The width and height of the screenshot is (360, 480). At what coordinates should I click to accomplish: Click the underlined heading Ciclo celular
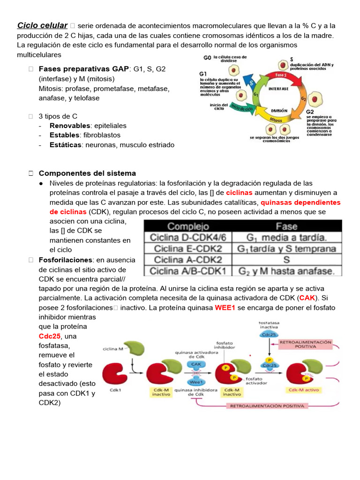[42, 25]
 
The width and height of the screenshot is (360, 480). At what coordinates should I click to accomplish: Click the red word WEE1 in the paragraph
[225, 307]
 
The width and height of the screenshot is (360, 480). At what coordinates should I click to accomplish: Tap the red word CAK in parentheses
[307, 298]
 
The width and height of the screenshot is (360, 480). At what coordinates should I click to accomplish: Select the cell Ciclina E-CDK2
[188, 248]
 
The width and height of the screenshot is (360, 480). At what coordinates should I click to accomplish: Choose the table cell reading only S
[286, 260]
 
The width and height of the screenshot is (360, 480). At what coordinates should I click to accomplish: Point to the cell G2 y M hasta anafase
[286, 271]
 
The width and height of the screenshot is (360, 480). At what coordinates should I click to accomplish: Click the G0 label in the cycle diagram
[207, 59]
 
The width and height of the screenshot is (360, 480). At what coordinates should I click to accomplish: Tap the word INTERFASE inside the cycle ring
[278, 88]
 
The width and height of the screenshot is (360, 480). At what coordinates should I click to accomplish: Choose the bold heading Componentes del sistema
[87, 173]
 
